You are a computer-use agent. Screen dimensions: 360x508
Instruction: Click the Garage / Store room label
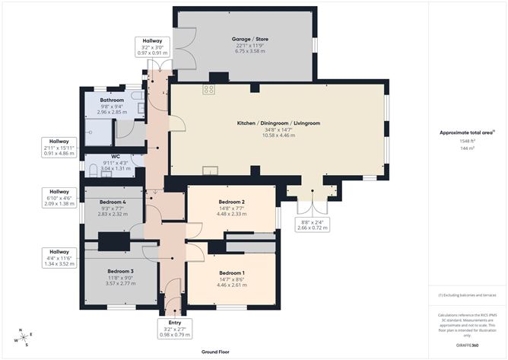250,39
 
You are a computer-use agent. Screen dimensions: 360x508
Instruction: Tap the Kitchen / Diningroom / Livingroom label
278,123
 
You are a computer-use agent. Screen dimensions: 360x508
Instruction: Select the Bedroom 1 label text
232,272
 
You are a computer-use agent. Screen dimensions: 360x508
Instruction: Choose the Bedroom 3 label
120,271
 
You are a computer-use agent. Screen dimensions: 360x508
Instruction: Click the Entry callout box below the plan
170,327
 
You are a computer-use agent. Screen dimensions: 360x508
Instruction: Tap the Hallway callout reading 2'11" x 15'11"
59,147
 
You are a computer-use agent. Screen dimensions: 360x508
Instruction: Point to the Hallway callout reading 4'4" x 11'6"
59,257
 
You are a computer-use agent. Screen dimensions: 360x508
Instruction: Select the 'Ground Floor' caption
216,352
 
